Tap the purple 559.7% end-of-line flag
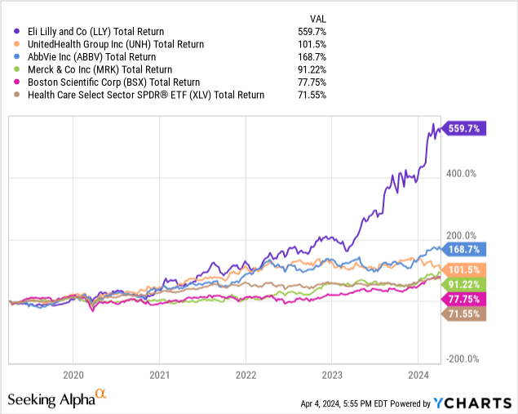pyautogui.click(x=465, y=127)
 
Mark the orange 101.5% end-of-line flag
pyautogui.click(x=465, y=269)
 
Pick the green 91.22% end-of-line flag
pyautogui.click(x=465, y=284)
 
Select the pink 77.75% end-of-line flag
pyautogui.click(x=465, y=300)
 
